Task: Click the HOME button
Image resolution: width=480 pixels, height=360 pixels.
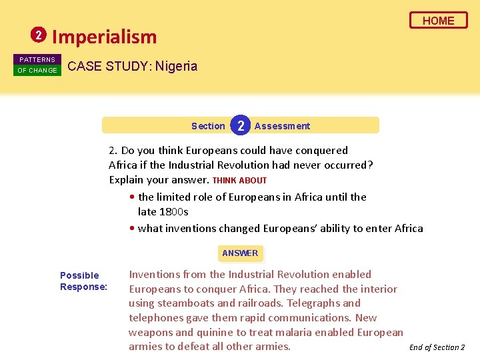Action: click(x=438, y=21)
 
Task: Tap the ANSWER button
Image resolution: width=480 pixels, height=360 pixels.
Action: click(x=240, y=253)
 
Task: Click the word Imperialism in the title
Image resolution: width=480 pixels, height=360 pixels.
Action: click(x=104, y=37)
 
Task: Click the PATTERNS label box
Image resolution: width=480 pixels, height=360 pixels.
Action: click(x=37, y=59)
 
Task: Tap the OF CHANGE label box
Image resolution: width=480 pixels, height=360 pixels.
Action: click(x=37, y=70)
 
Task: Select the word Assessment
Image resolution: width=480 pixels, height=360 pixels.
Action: click(x=282, y=126)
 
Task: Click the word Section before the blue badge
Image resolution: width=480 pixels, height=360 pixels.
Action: click(x=208, y=126)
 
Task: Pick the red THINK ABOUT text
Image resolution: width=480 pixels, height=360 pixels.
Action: click(x=239, y=180)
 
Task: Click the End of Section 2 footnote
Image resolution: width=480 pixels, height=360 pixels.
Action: click(x=437, y=347)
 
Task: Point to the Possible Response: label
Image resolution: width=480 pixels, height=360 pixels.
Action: click(x=83, y=281)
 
